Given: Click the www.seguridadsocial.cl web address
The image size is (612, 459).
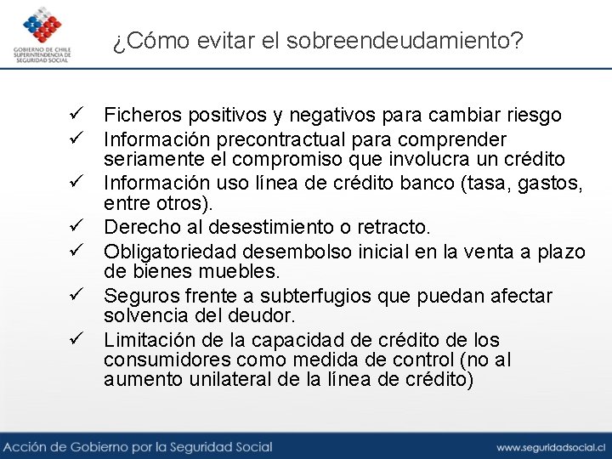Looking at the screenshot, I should pos(551,446).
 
